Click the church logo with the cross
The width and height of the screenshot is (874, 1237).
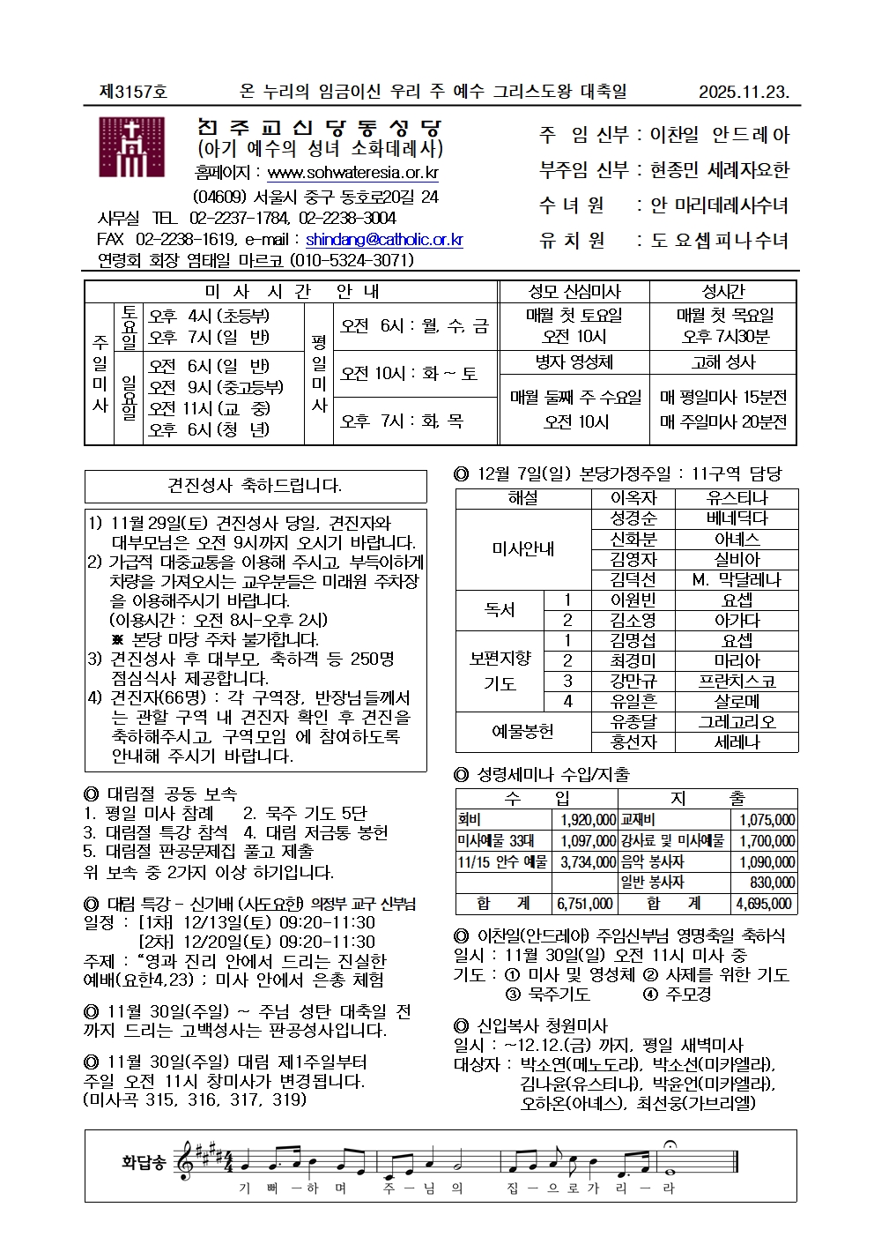131,147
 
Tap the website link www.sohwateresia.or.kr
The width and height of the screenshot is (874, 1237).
352,173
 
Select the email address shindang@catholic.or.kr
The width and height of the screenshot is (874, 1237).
384,239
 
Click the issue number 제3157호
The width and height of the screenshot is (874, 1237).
134,92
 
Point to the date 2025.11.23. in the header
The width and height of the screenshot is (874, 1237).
744,92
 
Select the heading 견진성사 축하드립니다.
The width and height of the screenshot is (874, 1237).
255,486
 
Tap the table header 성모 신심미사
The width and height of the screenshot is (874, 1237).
574,292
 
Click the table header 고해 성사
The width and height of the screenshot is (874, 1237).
723,362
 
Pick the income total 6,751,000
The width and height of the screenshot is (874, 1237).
585,904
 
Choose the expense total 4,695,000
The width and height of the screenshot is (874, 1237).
765,904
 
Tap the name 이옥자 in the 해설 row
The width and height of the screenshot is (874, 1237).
633,498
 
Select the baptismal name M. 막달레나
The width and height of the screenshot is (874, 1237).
737,579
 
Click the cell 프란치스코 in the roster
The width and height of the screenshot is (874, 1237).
737,681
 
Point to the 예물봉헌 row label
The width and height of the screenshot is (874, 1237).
522,731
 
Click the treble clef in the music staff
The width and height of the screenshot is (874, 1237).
186,1161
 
